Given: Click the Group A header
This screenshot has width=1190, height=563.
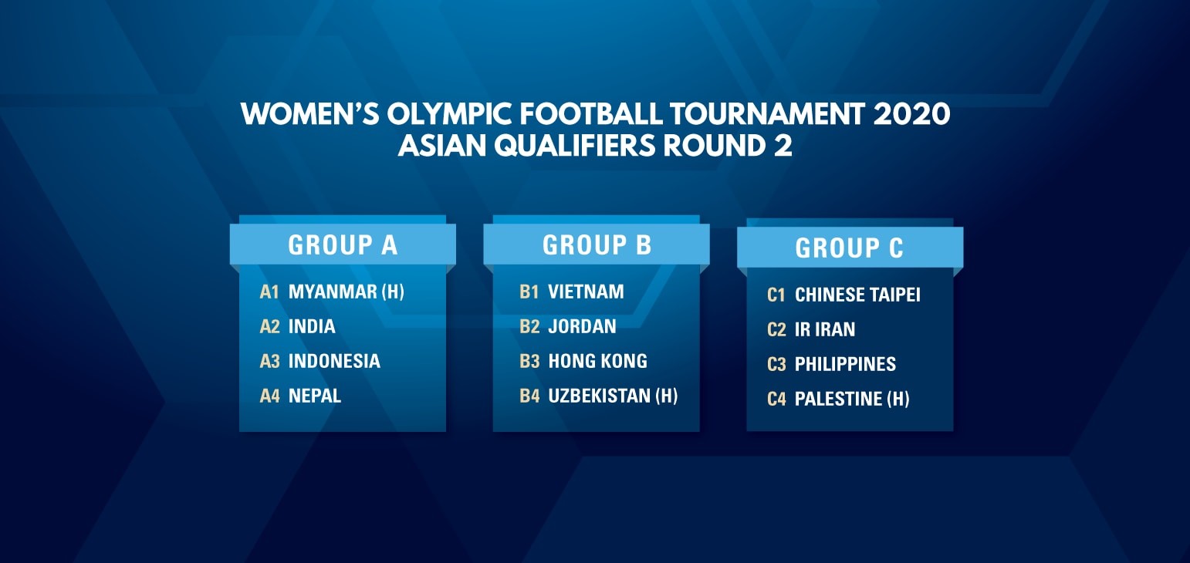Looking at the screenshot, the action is [x=343, y=244].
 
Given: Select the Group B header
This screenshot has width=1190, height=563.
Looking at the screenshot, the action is [x=597, y=244].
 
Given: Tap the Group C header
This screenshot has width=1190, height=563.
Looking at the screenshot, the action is [x=850, y=248].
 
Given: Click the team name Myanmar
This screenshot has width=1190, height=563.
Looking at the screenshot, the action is [x=333, y=292].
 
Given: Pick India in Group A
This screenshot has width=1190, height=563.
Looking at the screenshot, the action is [x=312, y=326].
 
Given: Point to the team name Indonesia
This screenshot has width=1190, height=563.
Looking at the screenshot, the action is [x=334, y=361].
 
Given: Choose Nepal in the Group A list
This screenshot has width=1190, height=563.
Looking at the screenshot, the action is [x=315, y=396].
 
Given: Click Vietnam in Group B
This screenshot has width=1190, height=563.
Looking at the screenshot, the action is [x=586, y=292].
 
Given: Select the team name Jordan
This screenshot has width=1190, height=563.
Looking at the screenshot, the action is [x=582, y=326].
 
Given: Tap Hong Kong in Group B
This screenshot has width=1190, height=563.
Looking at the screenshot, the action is [x=597, y=361].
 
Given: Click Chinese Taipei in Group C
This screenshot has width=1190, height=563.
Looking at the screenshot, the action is [x=857, y=295].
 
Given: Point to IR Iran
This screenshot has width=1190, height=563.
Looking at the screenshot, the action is [x=825, y=329].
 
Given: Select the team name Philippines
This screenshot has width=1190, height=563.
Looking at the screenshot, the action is [x=845, y=364].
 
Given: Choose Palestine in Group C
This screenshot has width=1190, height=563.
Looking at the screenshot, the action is [x=838, y=399].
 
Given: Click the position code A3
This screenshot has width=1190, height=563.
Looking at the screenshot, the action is [x=270, y=361].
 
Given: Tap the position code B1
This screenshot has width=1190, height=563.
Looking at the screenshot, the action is [x=529, y=292].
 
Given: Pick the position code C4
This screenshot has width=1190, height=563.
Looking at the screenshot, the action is [x=776, y=399].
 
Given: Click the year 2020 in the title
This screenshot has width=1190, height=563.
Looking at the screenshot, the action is [x=911, y=113].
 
